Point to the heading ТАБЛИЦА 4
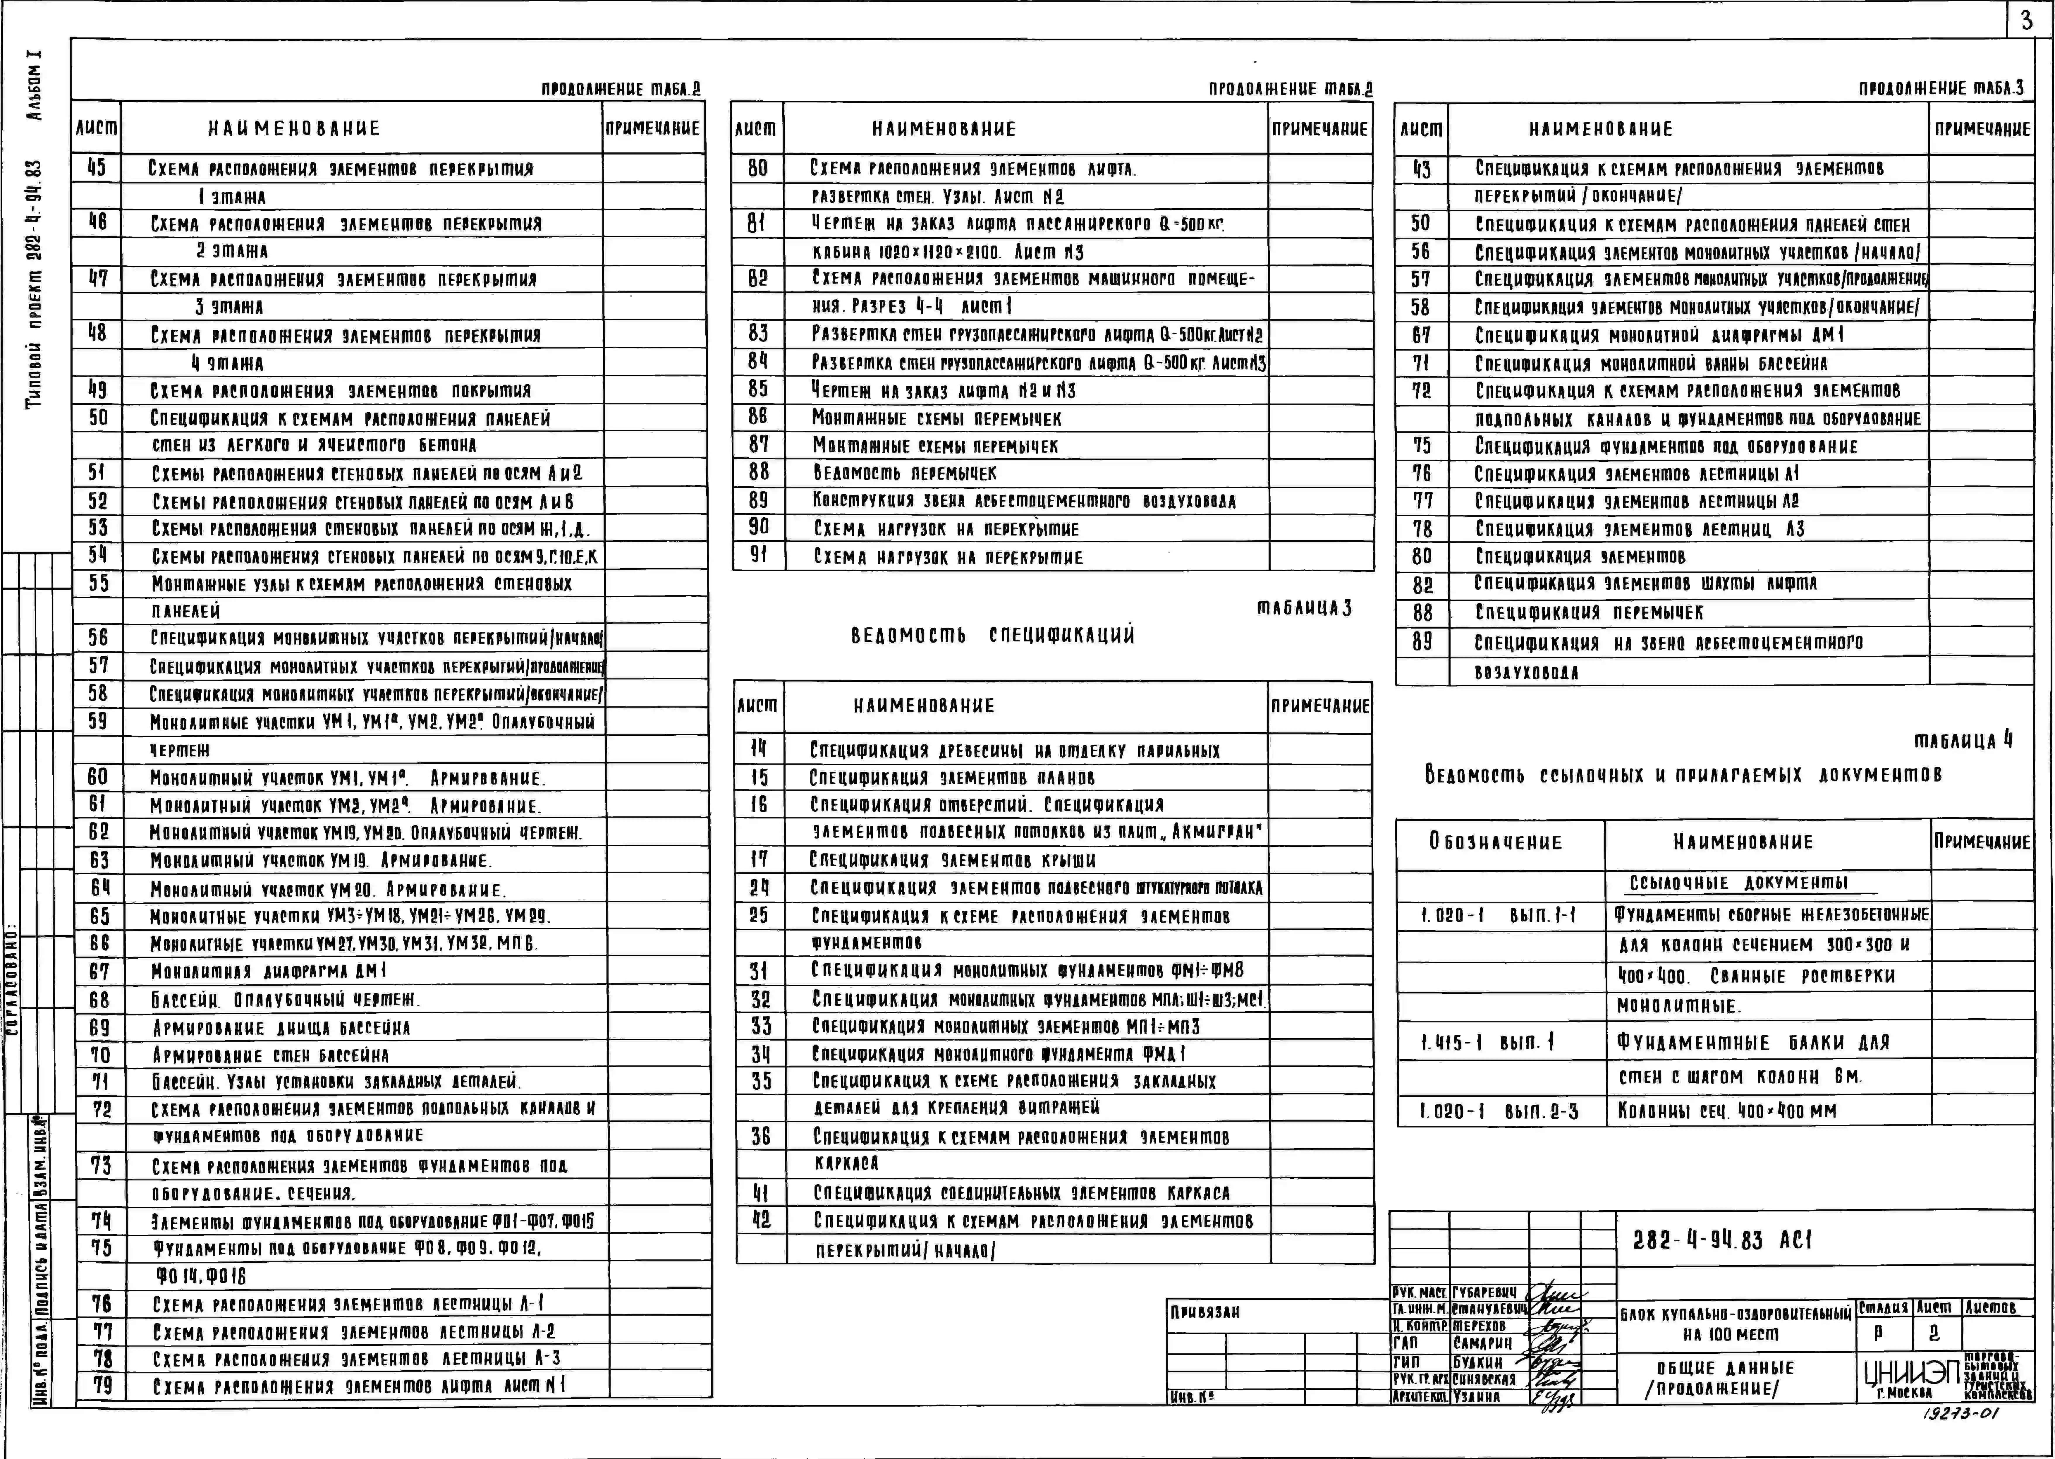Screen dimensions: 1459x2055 pyautogui.click(x=1963, y=741)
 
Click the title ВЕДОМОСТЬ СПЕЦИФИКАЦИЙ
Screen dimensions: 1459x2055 pyautogui.click(x=992, y=635)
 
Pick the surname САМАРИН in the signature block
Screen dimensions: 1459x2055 pyautogui.click(x=1482, y=1343)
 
